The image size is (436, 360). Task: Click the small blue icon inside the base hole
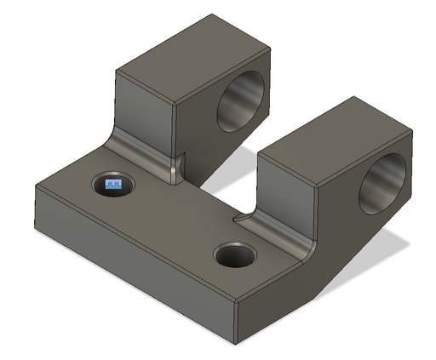[x=113, y=183]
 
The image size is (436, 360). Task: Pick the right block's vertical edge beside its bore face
[x=319, y=213]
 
